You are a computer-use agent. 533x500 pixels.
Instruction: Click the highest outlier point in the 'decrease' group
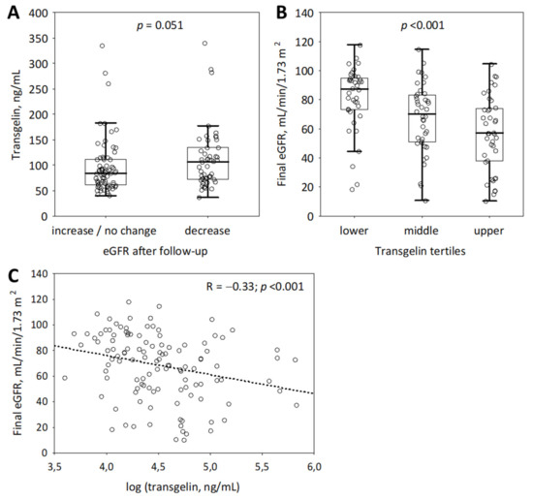point(204,43)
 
